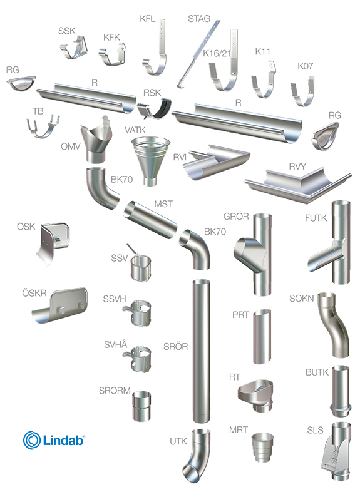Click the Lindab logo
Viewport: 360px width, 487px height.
[x=54, y=440]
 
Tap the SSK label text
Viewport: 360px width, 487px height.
[x=67, y=31]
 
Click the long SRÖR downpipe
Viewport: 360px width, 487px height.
[x=201, y=351]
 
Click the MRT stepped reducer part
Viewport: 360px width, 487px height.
[x=262, y=447]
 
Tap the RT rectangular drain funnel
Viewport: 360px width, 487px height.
[x=256, y=395]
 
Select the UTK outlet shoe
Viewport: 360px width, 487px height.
[x=197, y=455]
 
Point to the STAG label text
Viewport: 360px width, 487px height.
[x=199, y=19]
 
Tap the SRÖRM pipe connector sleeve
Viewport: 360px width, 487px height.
[x=142, y=406]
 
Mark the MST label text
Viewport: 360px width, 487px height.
[x=163, y=204]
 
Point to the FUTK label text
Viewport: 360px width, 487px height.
[x=316, y=218]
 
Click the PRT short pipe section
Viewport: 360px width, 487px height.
[x=262, y=336]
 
